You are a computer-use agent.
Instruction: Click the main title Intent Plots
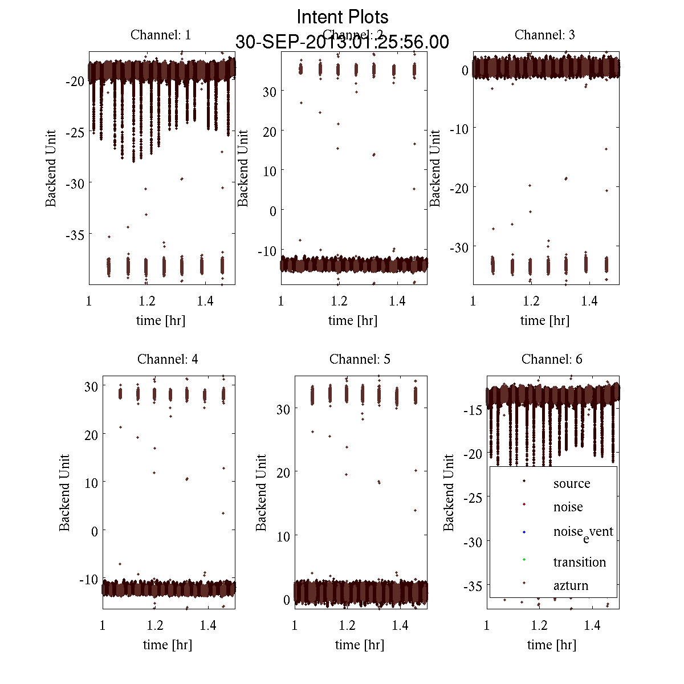point(343,17)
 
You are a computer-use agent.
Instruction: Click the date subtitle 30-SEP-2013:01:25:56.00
point(342,42)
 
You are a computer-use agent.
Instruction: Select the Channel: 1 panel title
point(161,35)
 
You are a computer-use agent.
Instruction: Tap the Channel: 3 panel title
point(545,35)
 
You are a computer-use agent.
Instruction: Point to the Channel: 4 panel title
point(168,359)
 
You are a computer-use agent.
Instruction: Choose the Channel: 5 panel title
point(360,359)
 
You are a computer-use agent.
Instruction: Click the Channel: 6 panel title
point(552,359)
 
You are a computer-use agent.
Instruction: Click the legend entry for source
point(571,483)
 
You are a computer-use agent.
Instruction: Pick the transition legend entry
point(579,562)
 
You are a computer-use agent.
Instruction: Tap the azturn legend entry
point(571,585)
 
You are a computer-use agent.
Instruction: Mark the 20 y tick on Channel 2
point(269,132)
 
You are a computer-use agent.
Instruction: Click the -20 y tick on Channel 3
point(459,188)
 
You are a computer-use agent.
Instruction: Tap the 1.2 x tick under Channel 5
point(347,625)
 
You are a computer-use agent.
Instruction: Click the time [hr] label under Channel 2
point(353,320)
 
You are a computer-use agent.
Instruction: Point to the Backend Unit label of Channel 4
point(64,492)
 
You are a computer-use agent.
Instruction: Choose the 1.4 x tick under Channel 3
point(589,301)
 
